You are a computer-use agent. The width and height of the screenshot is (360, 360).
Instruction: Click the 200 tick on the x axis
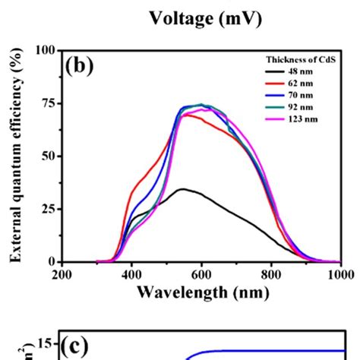[62, 274]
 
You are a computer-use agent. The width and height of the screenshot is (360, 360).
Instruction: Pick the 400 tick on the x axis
[132, 274]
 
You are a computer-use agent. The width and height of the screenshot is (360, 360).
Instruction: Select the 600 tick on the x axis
[201, 274]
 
